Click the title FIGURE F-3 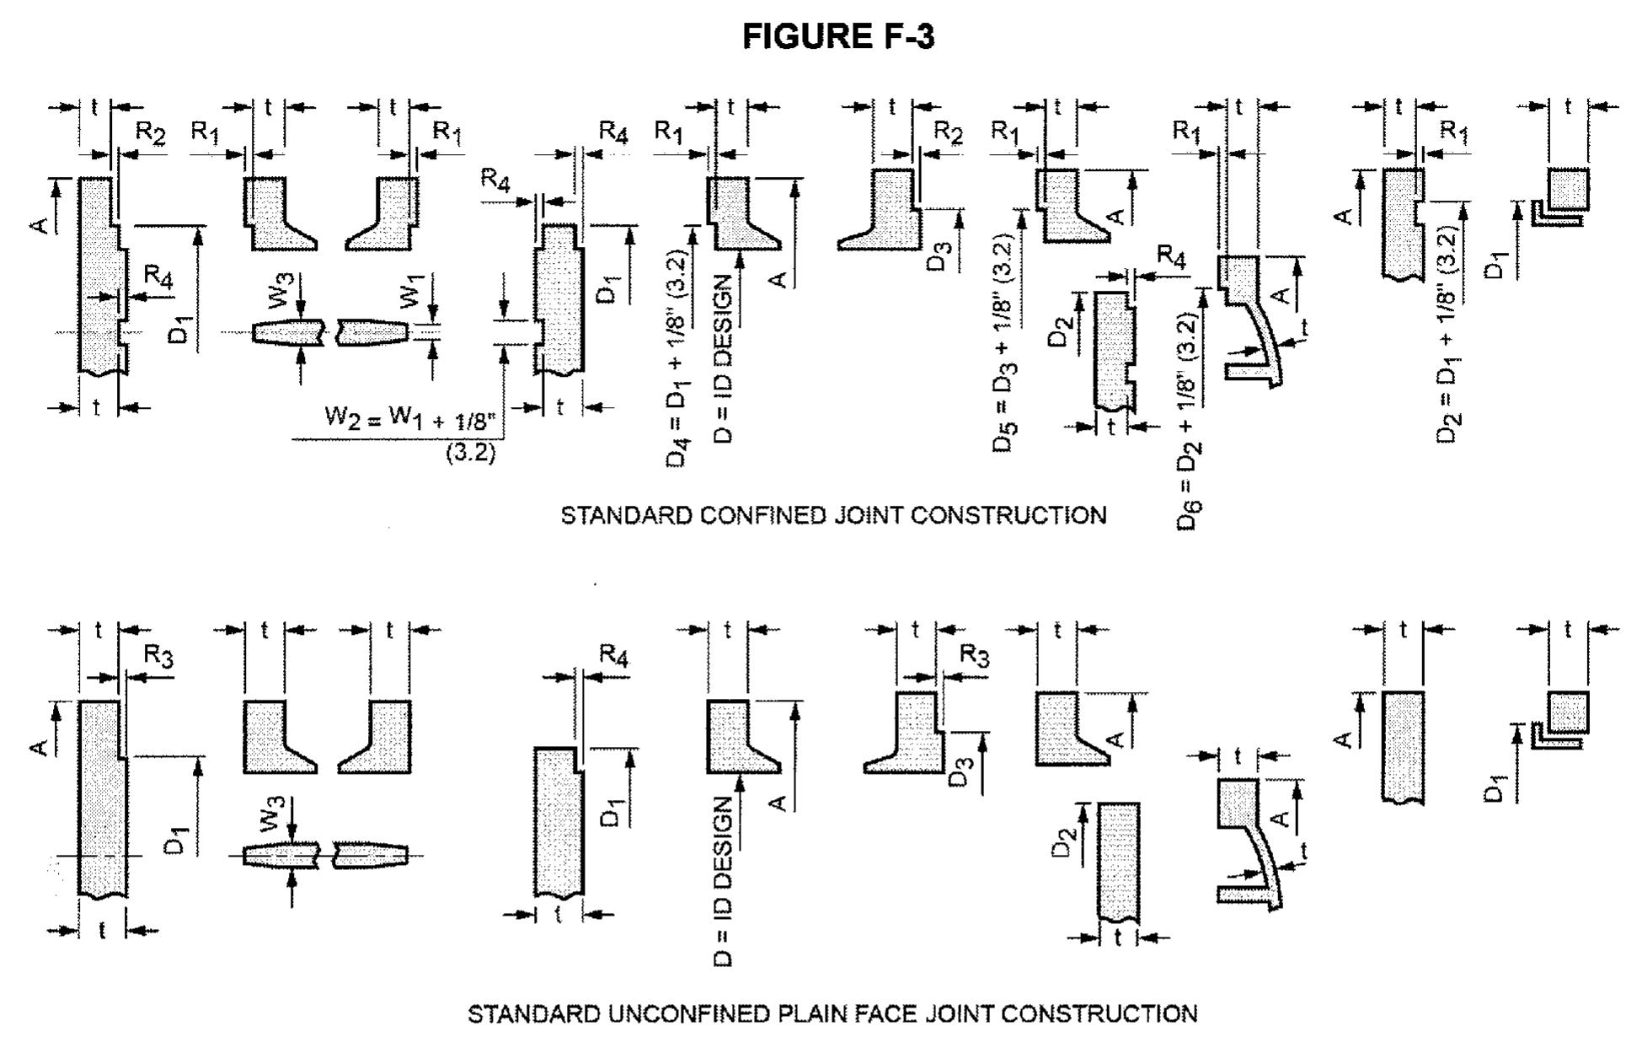pos(838,37)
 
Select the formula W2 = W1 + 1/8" pos(410,418)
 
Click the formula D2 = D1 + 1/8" pos(1448,333)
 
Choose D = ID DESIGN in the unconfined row pos(725,882)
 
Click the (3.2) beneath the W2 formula pos(470,454)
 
